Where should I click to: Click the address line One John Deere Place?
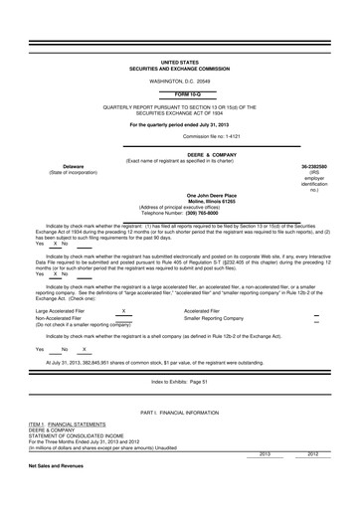tap(180, 196)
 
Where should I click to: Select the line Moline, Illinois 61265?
tap(180, 202)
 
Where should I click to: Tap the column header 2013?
tap(265, 481)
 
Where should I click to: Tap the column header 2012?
tap(312, 481)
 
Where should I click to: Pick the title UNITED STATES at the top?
tap(180, 61)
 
